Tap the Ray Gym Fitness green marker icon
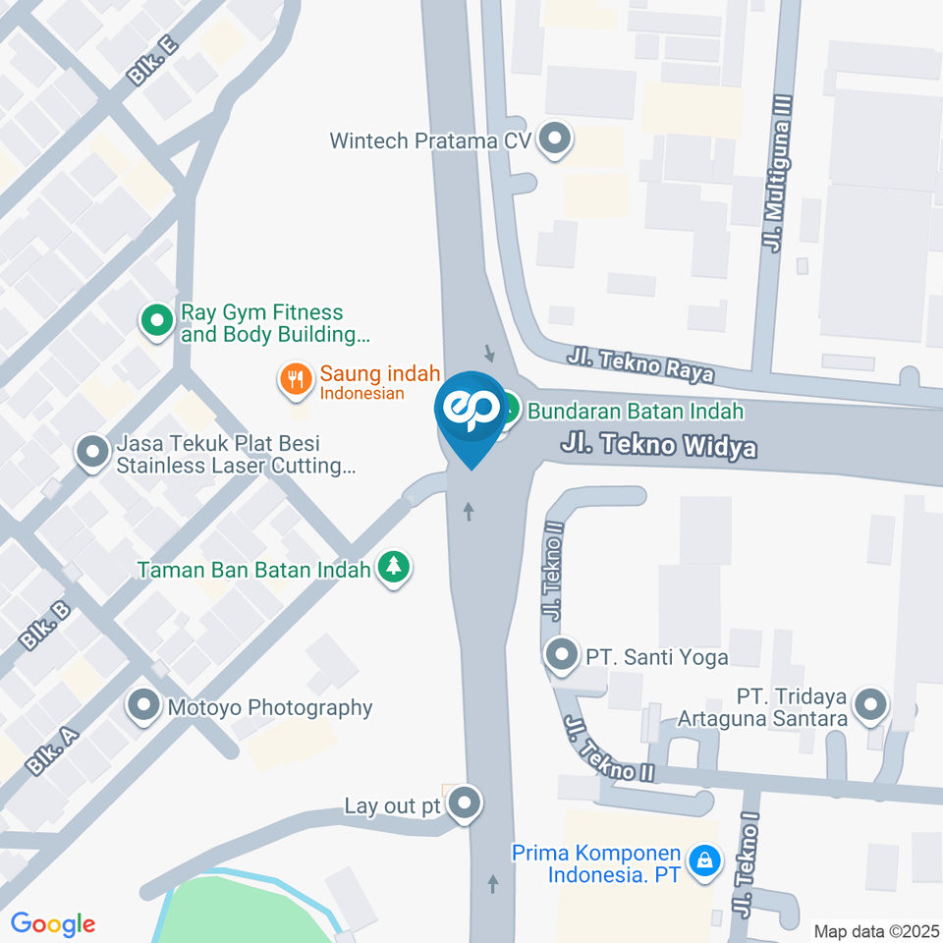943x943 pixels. coord(155,319)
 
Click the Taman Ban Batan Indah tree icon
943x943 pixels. coord(394,567)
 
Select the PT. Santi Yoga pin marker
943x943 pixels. coord(562,654)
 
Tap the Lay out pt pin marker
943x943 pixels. coord(464,804)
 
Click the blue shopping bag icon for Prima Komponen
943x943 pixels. coord(703,861)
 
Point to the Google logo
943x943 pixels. coord(53,923)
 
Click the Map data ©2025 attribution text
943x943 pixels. coord(876,930)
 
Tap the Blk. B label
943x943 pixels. coord(45,625)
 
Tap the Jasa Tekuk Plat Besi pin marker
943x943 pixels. coord(93,453)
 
